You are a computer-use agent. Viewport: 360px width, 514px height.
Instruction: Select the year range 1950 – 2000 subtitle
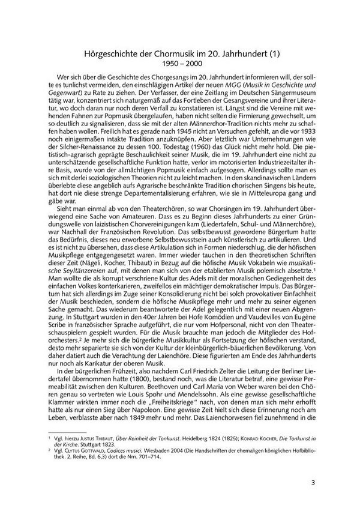(x=179, y=64)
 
